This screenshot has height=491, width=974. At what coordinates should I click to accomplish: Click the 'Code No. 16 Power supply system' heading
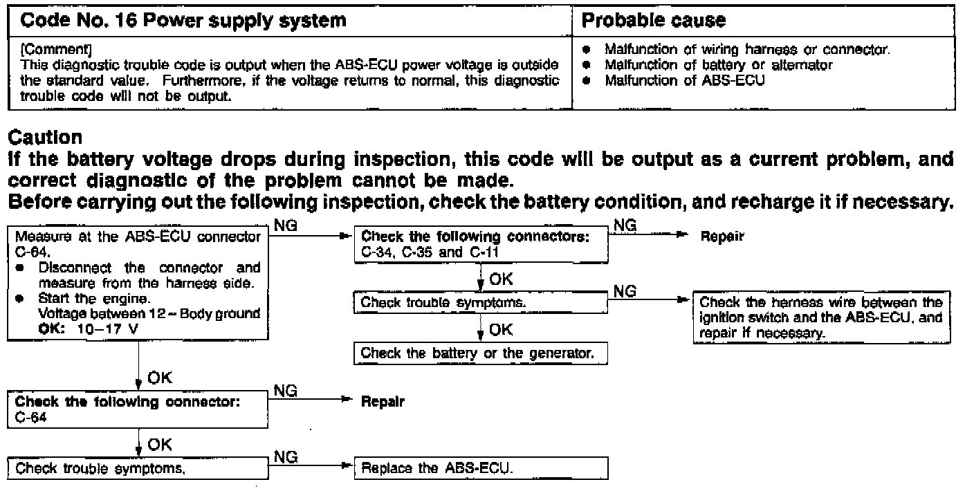click(183, 20)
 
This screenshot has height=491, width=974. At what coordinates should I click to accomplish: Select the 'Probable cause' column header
click(654, 20)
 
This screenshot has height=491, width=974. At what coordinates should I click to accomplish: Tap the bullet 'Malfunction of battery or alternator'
click(718, 65)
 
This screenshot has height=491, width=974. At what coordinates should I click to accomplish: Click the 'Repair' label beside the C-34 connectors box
click(722, 237)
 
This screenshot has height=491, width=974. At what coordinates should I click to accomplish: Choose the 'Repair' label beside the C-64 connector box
click(383, 402)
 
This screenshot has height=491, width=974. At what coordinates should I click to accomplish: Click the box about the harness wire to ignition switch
click(821, 317)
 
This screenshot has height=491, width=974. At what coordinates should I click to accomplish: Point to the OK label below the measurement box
click(159, 378)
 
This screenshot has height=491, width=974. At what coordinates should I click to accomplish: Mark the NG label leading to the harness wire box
click(625, 291)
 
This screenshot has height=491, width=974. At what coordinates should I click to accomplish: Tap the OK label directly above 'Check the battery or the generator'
click(500, 331)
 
